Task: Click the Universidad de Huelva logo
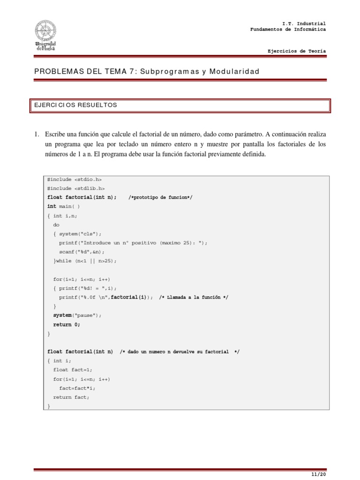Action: [45, 35]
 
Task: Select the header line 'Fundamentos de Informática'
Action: [288, 30]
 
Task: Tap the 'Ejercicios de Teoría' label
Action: [296, 51]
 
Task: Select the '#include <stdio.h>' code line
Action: [75, 180]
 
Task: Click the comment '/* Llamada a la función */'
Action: [194, 297]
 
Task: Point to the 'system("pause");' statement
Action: [77, 315]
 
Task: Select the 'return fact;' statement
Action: [71, 397]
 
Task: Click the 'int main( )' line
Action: [64, 207]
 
